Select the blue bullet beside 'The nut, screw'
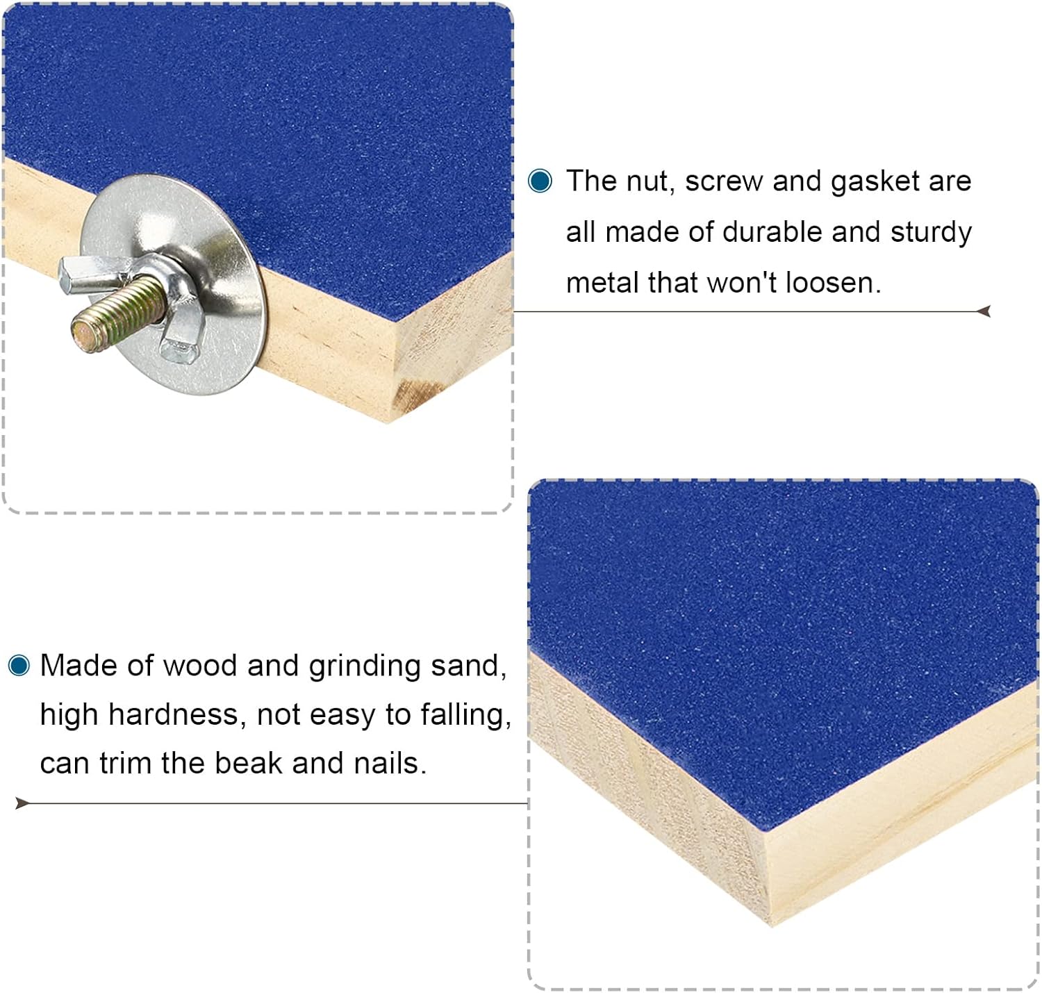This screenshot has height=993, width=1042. (x=540, y=181)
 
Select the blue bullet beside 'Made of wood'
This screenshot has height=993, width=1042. (x=19, y=665)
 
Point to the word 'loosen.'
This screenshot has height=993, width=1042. (x=833, y=282)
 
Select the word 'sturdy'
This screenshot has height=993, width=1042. (x=931, y=233)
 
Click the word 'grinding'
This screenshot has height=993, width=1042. (x=365, y=666)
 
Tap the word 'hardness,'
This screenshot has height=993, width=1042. (x=178, y=714)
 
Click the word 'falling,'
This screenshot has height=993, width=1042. (x=466, y=716)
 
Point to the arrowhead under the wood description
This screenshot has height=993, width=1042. (x=22, y=803)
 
